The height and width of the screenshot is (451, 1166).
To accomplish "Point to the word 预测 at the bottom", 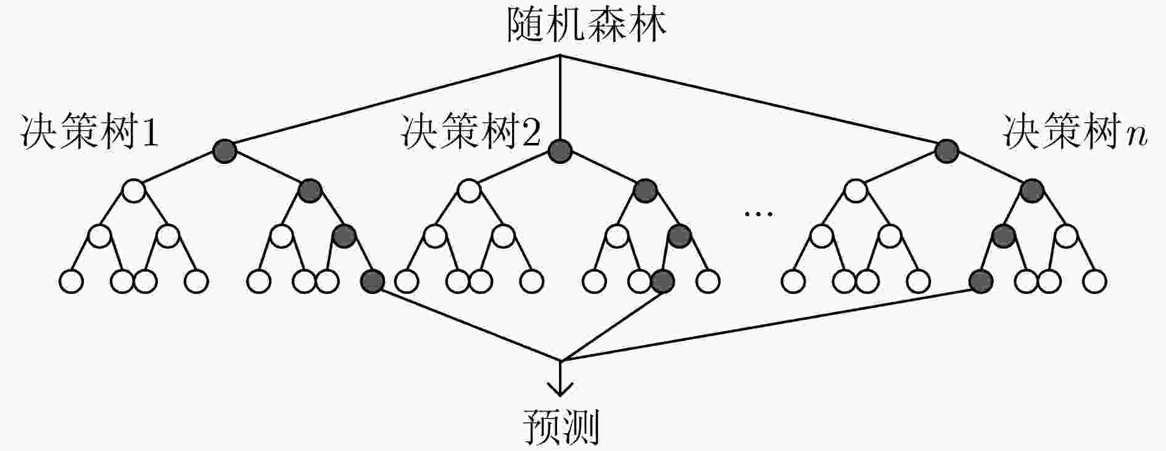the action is pyautogui.click(x=561, y=426).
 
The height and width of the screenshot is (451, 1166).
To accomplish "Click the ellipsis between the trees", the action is pyautogui.click(x=758, y=214).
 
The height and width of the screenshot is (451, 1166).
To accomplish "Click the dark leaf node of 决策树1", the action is pyautogui.click(x=372, y=281).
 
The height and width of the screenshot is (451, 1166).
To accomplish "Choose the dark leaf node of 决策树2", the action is pyautogui.click(x=662, y=281).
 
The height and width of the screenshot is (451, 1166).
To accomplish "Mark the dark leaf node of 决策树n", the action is pyautogui.click(x=980, y=281).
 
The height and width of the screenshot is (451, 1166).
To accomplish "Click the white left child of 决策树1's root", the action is pyautogui.click(x=134, y=191).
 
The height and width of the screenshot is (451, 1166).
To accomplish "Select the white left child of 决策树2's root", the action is pyautogui.click(x=469, y=191).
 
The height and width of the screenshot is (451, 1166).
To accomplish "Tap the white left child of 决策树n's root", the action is pyautogui.click(x=855, y=191).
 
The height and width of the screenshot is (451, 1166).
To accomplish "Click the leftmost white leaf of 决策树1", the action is pyautogui.click(x=71, y=281).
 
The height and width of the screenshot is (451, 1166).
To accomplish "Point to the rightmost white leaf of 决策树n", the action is pyautogui.click(x=1094, y=281).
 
